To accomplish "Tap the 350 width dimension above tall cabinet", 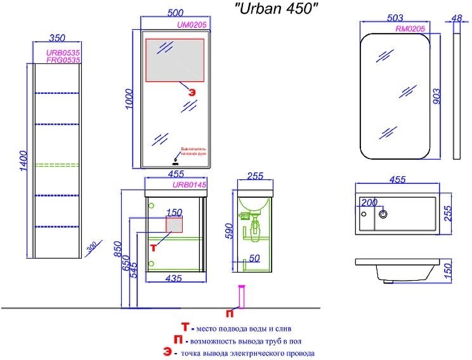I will tap(57, 38).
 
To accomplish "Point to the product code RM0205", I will tap(409, 29).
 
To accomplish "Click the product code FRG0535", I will tap(63, 60).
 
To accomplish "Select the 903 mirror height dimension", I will tap(436, 95).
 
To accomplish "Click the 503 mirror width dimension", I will tap(397, 18).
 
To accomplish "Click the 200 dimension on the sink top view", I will tap(369, 202).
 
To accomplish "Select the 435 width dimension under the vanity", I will tap(174, 278).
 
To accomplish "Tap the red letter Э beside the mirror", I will tap(192, 91).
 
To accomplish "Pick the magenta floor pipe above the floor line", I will tap(241, 297).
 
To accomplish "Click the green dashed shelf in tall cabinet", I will tap(57, 165).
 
